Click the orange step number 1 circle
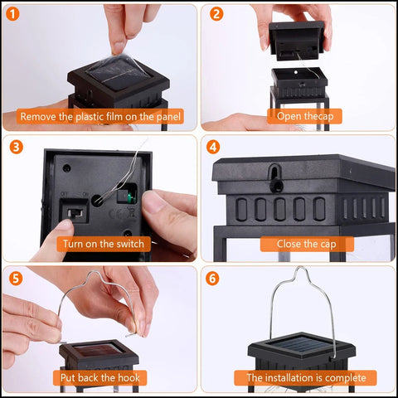[x=14, y=14]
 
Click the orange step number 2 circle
[x=216, y=14]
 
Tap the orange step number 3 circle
[x=14, y=147]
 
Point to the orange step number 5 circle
[x=14, y=278]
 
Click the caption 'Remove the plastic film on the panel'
[x=99, y=117]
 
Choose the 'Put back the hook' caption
[x=99, y=378]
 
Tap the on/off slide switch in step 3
[x=74, y=218]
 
